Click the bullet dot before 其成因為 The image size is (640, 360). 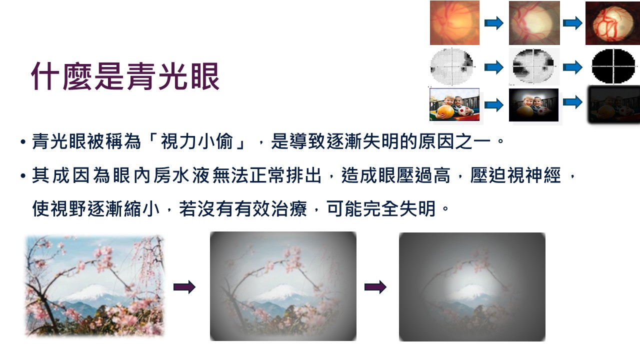(x=23, y=176)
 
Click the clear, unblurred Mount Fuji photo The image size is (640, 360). (x=94, y=286)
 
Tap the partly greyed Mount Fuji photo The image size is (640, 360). (x=283, y=286)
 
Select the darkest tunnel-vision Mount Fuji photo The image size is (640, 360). (x=472, y=287)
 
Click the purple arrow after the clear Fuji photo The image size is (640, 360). (x=184, y=287)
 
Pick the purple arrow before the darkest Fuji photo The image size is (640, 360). (x=375, y=287)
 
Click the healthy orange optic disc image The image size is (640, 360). (x=454, y=23)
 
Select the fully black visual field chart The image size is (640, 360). (x=612, y=66)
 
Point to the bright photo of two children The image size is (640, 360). (x=454, y=104)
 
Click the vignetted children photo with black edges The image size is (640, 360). (x=533, y=105)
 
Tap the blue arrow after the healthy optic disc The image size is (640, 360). (x=494, y=23)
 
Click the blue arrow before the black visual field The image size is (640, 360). (x=572, y=66)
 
